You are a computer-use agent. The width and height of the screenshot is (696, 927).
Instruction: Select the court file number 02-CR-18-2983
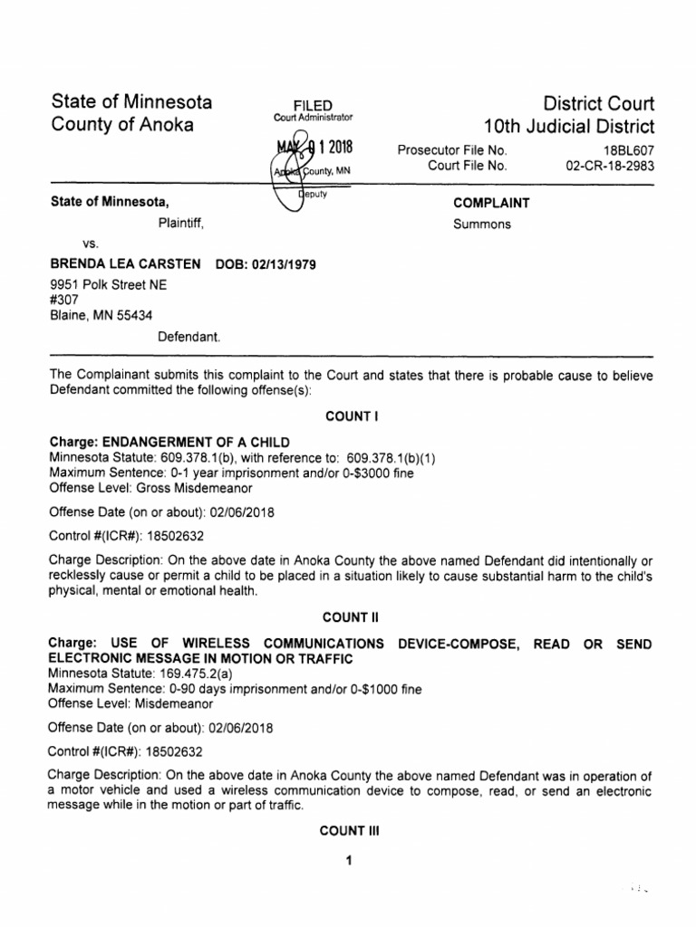pyautogui.click(x=609, y=166)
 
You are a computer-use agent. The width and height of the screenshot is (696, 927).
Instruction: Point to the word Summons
pyautogui.click(x=482, y=225)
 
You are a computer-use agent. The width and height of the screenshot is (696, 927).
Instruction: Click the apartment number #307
pyautogui.click(x=63, y=300)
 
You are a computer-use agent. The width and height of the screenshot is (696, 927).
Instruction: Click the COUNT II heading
pyautogui.click(x=348, y=617)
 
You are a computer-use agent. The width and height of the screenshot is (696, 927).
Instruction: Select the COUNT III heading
pyautogui.click(x=348, y=831)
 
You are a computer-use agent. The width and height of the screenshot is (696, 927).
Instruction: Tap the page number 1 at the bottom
pyautogui.click(x=348, y=861)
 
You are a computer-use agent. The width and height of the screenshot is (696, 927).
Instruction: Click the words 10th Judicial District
pyautogui.click(x=569, y=126)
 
